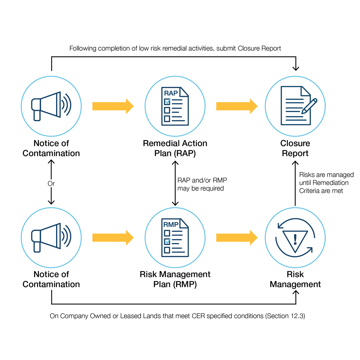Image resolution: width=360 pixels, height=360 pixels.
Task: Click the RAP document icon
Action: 175,106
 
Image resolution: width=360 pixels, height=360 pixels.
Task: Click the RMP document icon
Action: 175,238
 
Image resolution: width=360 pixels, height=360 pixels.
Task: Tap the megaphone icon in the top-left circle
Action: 50,106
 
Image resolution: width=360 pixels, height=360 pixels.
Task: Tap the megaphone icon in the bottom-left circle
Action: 50,237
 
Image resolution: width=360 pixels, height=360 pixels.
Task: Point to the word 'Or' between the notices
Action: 51,184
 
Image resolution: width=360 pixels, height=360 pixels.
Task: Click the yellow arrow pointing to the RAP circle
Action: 113,106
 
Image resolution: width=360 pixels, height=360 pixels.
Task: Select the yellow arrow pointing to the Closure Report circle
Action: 236,106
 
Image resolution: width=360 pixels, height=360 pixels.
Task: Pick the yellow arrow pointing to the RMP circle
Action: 113,238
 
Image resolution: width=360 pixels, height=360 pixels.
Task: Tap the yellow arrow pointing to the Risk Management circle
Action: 236,238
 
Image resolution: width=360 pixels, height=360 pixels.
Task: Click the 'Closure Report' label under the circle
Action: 295,148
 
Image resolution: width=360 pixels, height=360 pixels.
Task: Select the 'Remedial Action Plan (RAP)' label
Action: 175,148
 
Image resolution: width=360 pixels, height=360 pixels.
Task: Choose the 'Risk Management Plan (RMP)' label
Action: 175,279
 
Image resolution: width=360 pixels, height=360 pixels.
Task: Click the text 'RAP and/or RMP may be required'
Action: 202,184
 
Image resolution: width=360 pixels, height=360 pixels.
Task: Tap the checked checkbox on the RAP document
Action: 167,102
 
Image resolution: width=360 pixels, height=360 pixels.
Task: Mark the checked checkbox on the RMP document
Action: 167,242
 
